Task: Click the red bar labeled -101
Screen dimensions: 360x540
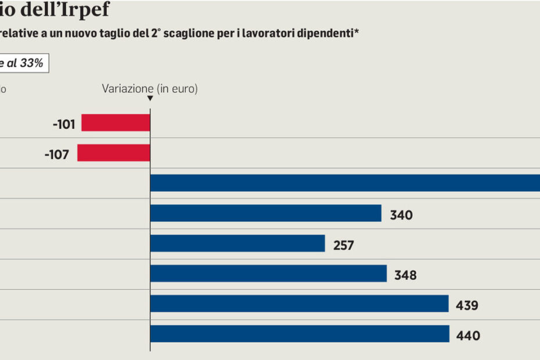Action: coord(116,123)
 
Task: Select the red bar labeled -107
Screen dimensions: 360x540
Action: coord(114,153)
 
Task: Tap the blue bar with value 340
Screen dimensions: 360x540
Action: coord(265,213)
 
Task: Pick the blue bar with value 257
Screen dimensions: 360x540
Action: coord(237,243)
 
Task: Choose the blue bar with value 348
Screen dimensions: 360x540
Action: coord(268,273)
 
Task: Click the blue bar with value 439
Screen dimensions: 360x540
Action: coord(299,304)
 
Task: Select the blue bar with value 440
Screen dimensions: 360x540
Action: coord(300,334)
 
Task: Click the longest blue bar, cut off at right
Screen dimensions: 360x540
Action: coord(345,183)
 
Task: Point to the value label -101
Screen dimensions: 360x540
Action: coord(63,124)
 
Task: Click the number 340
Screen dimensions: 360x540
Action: coord(401,215)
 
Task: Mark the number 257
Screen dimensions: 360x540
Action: coord(344,245)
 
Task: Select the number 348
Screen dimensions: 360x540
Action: coord(405,275)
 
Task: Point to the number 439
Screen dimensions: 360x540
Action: coord(467,305)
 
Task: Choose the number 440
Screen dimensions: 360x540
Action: coord(468,336)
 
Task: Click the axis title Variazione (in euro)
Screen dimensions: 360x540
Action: coord(150,89)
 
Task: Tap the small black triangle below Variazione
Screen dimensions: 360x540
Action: coord(150,98)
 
